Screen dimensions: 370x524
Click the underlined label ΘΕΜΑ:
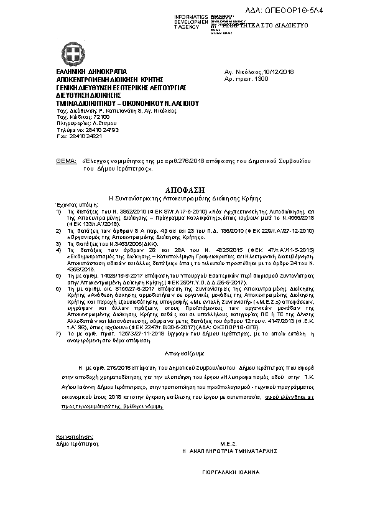pos(67,161)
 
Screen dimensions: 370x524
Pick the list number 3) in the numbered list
pos(58,245)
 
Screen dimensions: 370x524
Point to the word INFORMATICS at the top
pos(192,16)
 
